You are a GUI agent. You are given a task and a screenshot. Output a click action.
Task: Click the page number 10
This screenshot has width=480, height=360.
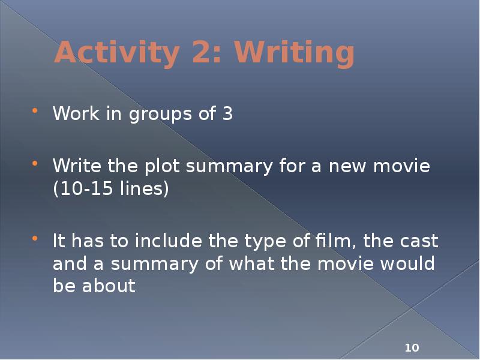412,348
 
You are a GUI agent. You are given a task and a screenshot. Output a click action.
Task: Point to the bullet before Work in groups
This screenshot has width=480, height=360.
35,112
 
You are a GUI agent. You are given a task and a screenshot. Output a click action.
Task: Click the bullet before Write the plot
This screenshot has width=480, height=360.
35,164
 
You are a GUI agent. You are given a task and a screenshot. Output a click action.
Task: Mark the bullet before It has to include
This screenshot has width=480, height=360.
35,239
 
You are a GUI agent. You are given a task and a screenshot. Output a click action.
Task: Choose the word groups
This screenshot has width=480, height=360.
153,114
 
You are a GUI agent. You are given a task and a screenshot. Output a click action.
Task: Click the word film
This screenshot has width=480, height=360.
332,241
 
